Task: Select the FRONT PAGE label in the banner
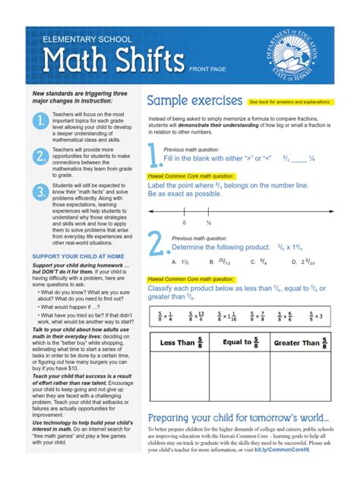pyautogui.click(x=207, y=68)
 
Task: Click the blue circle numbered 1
pyautogui.click(x=40, y=122)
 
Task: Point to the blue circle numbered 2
pyautogui.click(x=40, y=157)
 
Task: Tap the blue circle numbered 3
pyautogui.click(x=40, y=192)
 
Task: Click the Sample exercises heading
pyautogui.click(x=194, y=101)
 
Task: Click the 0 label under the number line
pyautogui.click(x=184, y=223)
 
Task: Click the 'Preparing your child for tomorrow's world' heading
pyautogui.click(x=238, y=418)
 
